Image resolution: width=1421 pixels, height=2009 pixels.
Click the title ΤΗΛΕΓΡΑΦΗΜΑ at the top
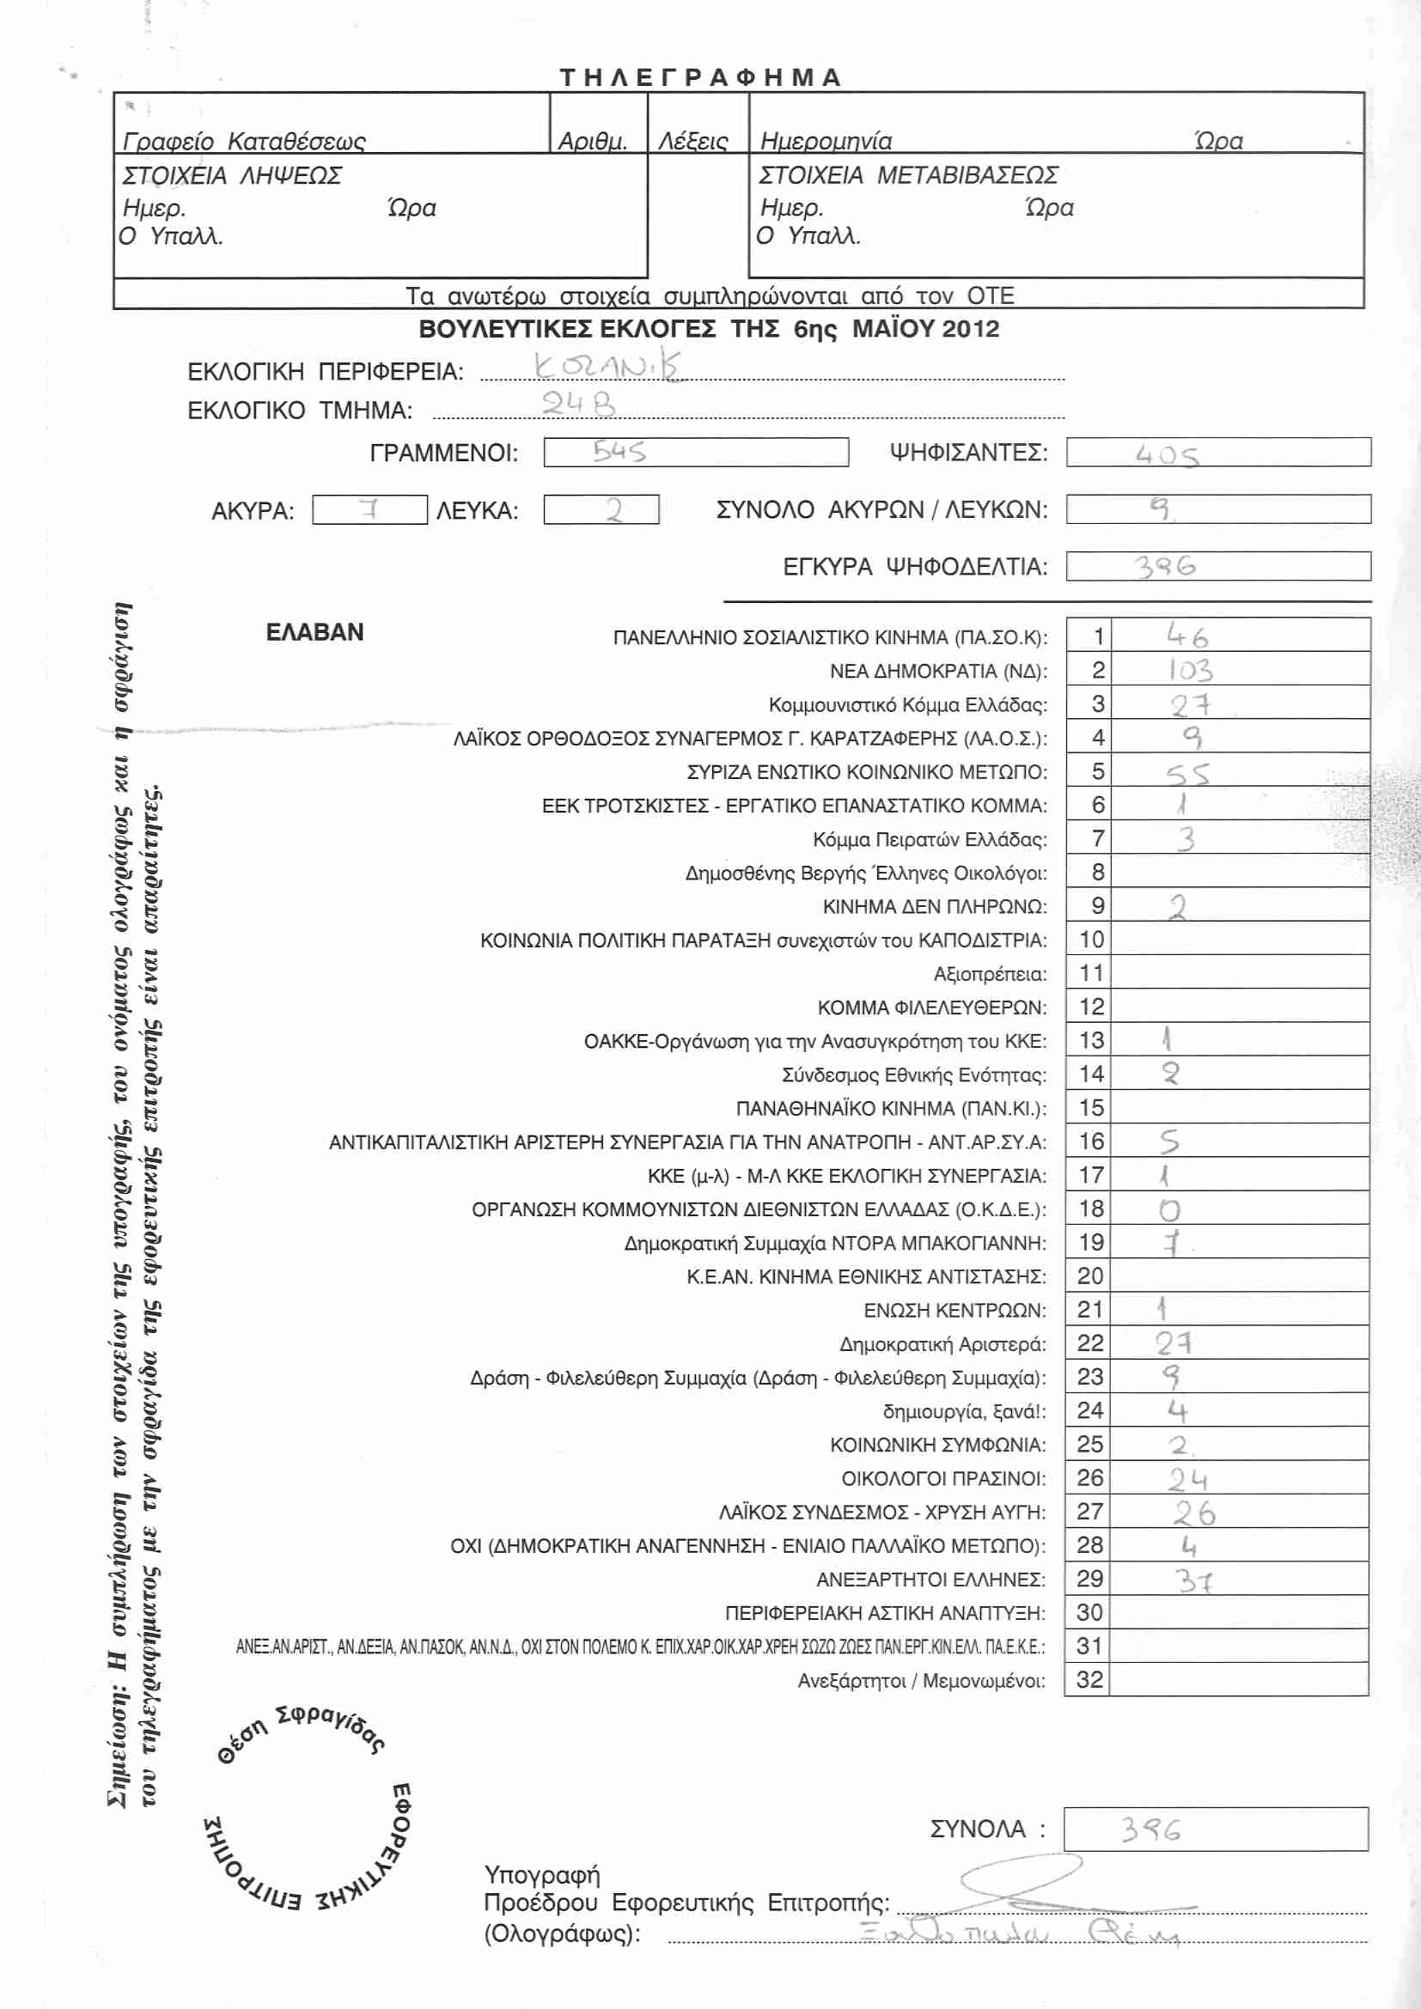click(x=701, y=78)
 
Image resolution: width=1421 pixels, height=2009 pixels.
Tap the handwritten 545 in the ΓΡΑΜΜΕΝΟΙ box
click(x=619, y=452)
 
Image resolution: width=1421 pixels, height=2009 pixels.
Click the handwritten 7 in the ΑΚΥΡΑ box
click(x=370, y=509)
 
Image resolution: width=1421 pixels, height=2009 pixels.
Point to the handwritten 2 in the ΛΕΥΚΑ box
click(x=614, y=509)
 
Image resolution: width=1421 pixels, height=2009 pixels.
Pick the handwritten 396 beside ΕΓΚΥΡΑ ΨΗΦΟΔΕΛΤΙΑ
click(x=1166, y=566)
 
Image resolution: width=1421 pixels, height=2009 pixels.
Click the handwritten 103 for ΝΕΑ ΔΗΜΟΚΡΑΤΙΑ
click(x=1190, y=670)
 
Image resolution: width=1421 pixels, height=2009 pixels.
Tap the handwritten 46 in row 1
click(x=1187, y=636)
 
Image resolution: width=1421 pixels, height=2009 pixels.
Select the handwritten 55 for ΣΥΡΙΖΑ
click(x=1187, y=774)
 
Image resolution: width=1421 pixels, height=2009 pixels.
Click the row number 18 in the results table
click(x=1091, y=1208)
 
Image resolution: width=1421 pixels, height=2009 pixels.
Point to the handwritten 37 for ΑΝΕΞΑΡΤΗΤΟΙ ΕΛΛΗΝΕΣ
click(x=1192, y=1580)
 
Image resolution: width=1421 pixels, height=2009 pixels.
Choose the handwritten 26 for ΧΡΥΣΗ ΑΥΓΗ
click(x=1193, y=1513)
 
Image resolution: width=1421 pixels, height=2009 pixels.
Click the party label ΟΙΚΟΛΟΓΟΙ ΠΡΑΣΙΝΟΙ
click(x=943, y=1479)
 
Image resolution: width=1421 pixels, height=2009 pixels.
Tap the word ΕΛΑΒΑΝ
click(x=314, y=632)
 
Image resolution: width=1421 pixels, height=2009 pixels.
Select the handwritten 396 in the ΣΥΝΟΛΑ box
click(x=1150, y=1829)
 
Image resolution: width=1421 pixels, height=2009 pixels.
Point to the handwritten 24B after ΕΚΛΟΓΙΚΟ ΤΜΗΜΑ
click(x=577, y=404)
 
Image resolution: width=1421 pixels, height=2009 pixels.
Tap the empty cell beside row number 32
click(x=1237, y=1679)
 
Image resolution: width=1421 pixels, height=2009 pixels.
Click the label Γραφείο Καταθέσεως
click(x=244, y=141)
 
